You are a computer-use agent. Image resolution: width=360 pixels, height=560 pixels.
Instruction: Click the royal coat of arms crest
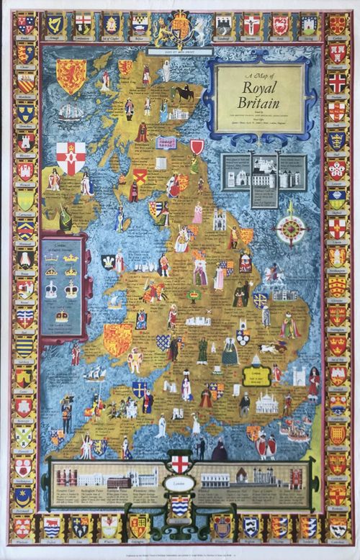coord(177,30)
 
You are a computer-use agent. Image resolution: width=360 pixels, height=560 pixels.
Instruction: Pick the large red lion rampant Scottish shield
coord(71,75)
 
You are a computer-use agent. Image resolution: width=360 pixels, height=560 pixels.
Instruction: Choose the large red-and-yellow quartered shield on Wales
coord(117,339)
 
